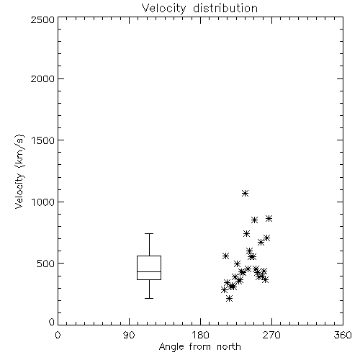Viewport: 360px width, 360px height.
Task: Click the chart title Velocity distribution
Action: tap(199, 9)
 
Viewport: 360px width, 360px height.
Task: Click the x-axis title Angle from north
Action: tap(199, 347)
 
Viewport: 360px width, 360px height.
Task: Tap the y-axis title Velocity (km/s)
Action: tap(19, 171)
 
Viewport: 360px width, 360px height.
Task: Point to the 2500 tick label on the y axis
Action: tap(42, 19)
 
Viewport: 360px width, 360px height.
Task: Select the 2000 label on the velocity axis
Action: tap(42, 78)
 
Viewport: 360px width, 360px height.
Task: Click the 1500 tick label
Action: tap(43, 140)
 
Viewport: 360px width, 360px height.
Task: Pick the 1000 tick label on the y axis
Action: tap(43, 202)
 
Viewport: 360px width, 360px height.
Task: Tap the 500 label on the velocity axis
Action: tap(46, 264)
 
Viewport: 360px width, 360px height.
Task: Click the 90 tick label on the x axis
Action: tap(129, 335)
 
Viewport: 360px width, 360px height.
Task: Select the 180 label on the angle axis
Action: tap(199, 335)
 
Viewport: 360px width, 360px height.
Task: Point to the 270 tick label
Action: tap(271, 335)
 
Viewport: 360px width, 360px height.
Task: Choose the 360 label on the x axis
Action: tap(343, 335)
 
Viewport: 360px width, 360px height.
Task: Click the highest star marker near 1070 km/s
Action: tap(245, 193)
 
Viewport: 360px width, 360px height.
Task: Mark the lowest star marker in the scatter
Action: tap(230, 299)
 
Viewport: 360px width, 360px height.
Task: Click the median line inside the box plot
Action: tap(149, 271)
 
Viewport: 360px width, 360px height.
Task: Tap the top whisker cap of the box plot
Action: tap(149, 233)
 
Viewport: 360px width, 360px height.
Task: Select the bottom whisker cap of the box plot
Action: tap(149, 298)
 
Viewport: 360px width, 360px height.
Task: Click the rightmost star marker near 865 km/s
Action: tap(269, 218)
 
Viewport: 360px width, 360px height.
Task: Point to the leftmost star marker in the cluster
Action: tap(224, 290)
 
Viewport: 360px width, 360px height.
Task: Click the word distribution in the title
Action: tap(225, 9)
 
